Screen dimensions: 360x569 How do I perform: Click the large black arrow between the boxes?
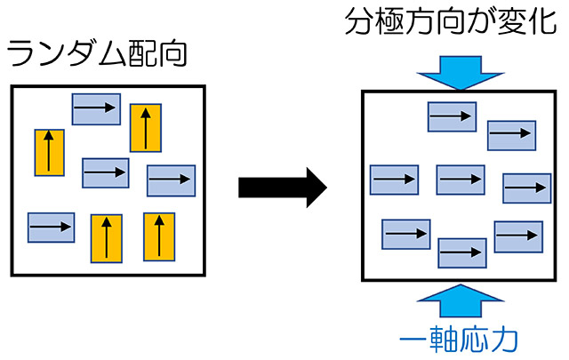tap(283, 188)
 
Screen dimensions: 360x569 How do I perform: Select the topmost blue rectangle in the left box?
tap(96, 108)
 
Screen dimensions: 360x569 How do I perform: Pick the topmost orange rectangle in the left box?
tap(145, 127)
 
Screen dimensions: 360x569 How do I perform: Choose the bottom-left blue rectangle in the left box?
tap(51, 228)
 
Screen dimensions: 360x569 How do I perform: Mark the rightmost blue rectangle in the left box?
tap(171, 180)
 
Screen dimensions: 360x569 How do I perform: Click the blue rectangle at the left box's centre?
tap(106, 172)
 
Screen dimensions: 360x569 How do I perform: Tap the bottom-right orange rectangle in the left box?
tap(158, 236)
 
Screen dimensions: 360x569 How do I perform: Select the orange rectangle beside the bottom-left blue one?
tap(106, 239)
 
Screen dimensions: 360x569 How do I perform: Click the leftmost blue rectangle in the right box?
tap(394, 180)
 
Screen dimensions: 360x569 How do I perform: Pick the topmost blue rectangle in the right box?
tap(452, 116)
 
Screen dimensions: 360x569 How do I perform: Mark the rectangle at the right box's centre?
tap(460, 180)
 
